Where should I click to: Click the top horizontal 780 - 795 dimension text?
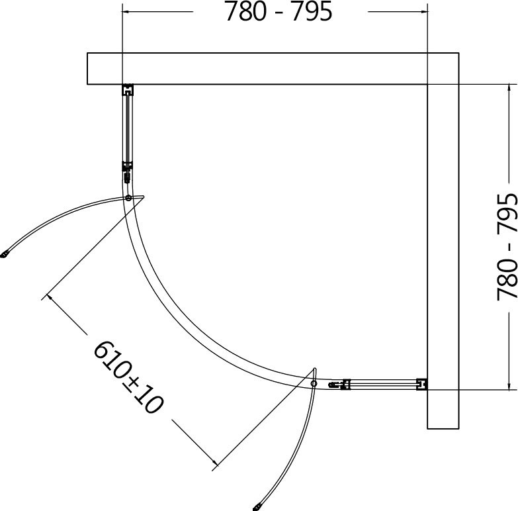279,12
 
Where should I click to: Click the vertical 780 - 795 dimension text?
507,247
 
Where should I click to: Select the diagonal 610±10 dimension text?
128,377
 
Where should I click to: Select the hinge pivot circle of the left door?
128,198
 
